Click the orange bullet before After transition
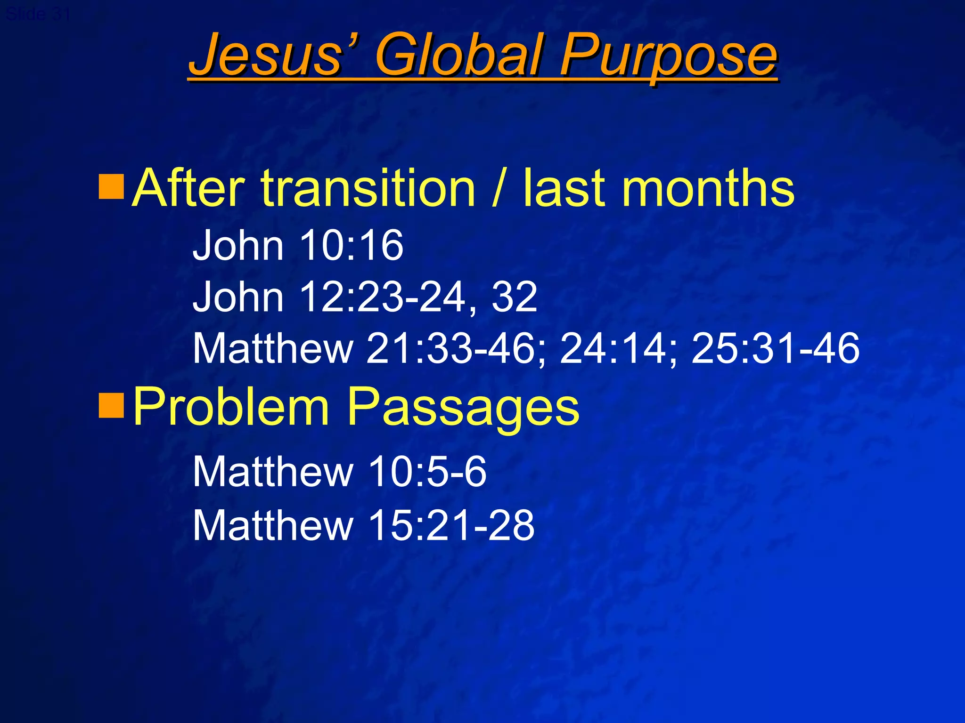click(111, 187)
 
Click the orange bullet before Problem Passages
click(111, 405)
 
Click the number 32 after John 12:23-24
click(514, 297)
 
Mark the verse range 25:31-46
click(775, 349)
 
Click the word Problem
click(231, 406)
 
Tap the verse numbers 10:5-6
click(427, 472)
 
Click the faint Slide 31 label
click(38, 14)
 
